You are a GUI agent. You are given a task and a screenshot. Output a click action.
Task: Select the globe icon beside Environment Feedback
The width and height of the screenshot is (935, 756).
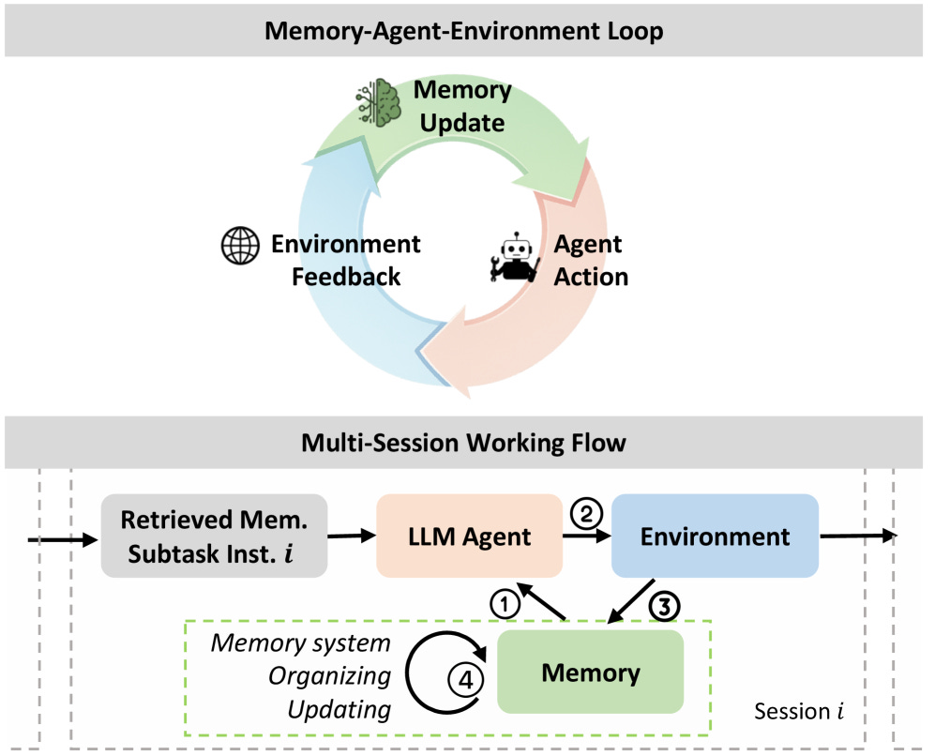tap(239, 246)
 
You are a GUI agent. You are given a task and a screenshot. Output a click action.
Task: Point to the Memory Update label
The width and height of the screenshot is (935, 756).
tap(461, 106)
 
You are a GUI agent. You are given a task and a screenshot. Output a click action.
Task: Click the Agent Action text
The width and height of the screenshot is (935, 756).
tap(589, 261)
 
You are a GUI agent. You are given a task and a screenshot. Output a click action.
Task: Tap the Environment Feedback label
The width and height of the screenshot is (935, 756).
tap(345, 261)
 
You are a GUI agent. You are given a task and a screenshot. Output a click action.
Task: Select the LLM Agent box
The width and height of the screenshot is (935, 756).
tap(469, 537)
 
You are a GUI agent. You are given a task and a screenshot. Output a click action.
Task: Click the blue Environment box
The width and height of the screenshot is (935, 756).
tap(715, 537)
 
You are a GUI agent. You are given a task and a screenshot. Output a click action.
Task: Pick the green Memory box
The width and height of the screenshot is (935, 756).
tap(590, 673)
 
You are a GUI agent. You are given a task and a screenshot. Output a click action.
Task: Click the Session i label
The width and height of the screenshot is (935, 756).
tap(792, 712)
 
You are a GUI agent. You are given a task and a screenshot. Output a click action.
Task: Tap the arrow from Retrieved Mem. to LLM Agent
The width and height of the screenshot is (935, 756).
tap(352, 537)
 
